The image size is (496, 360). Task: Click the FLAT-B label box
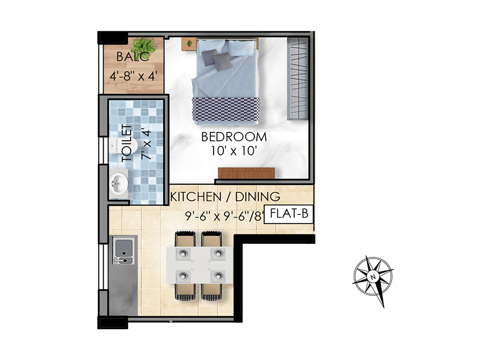(288, 214)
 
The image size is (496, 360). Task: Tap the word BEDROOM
(234, 137)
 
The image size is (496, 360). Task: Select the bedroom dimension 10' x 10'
(233, 151)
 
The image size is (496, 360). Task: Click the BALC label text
(132, 57)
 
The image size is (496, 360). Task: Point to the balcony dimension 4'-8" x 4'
(133, 76)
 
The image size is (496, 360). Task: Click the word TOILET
(127, 143)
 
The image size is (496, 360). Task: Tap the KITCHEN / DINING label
(225, 197)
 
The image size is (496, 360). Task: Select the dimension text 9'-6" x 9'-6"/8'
(224, 217)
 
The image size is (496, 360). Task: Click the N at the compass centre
(373, 277)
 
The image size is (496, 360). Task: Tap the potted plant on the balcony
(143, 46)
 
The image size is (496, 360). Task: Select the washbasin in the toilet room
(119, 183)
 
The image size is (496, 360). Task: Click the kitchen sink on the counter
(123, 251)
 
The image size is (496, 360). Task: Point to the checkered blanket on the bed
(226, 109)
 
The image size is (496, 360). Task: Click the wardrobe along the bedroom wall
(298, 78)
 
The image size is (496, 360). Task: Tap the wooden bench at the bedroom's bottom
(246, 173)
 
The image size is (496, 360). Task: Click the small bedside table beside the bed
(189, 43)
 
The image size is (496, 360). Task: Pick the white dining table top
(199, 265)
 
